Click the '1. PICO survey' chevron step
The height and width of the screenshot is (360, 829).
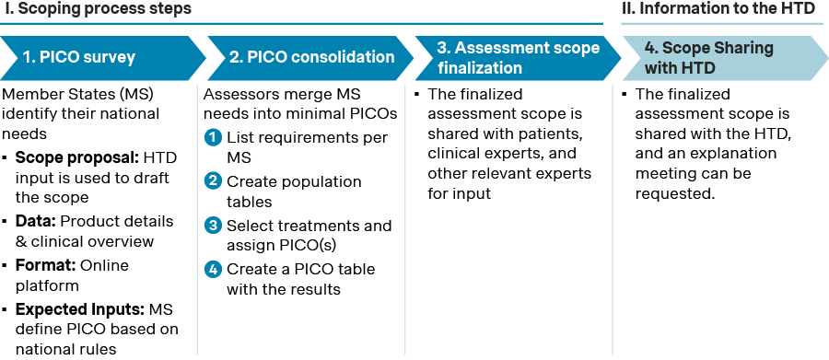coord(100,58)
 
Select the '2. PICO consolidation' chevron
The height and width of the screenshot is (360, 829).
coord(309,58)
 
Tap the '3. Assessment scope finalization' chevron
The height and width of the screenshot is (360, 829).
coord(517,58)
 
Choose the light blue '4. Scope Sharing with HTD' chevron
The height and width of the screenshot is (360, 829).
coord(724,58)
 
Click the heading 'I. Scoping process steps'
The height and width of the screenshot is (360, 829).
coord(96,9)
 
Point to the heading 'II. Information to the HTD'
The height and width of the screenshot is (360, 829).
coord(718,9)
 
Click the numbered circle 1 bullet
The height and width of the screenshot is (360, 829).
coord(213,138)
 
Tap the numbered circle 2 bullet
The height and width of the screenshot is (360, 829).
coord(213,182)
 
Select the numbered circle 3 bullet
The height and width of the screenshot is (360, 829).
coord(213,226)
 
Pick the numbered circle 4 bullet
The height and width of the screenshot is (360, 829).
coord(213,270)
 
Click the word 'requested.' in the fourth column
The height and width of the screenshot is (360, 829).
coord(675,194)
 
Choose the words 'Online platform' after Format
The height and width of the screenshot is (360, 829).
coord(72,275)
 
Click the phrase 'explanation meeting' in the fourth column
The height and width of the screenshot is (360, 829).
coord(706,164)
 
